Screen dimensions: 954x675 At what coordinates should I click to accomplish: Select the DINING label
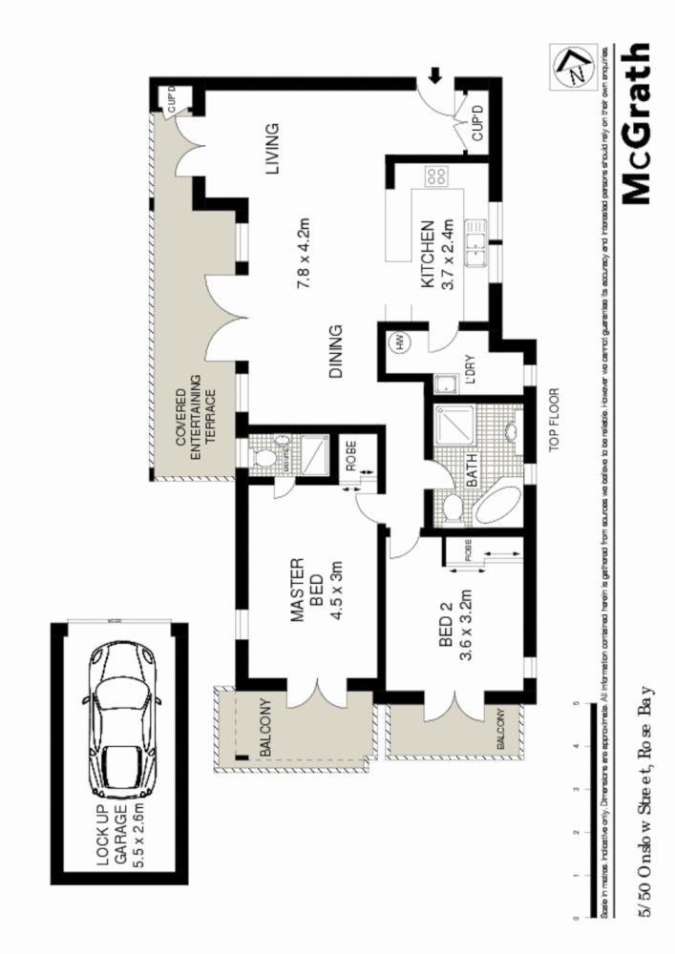point(336,353)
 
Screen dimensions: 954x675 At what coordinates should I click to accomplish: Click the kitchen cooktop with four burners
point(438,176)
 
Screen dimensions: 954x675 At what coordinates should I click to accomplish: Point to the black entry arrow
point(435,75)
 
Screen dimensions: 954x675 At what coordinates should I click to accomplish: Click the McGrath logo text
point(635,124)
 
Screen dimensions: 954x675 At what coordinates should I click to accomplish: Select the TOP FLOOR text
point(553,421)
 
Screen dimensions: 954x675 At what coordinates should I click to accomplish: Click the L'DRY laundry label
point(469,369)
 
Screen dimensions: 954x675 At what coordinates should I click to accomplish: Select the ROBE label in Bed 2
point(468,550)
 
